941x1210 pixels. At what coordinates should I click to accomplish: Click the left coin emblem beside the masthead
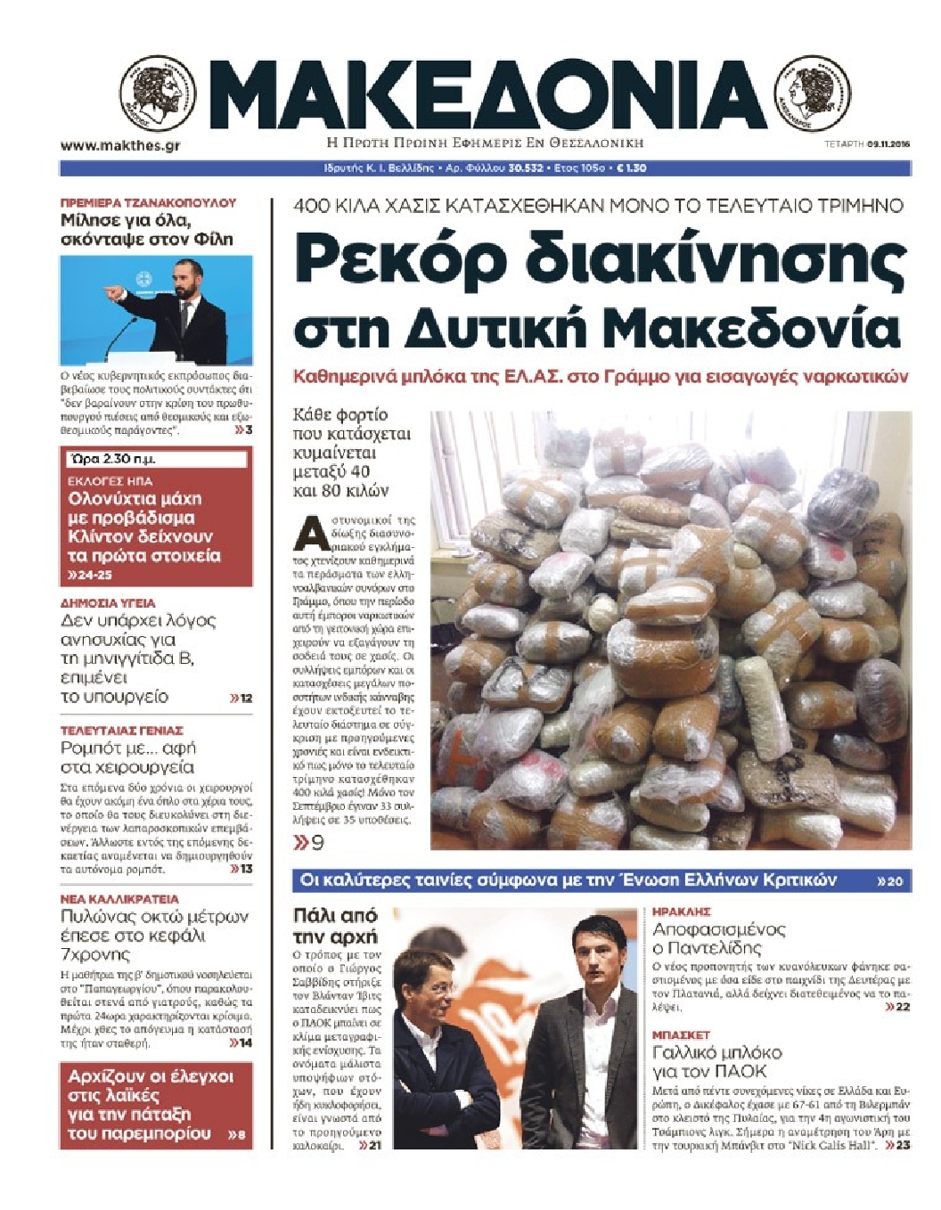tap(158, 94)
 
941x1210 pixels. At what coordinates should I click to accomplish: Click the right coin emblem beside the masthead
tap(813, 94)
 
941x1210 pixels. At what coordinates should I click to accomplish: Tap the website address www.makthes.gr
tap(120, 145)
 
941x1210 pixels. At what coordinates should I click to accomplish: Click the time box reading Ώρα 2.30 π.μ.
tap(157, 460)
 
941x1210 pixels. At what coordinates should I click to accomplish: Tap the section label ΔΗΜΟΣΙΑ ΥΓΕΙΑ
tap(108, 603)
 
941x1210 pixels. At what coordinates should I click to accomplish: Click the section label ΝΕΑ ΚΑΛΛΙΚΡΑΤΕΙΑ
tap(119, 899)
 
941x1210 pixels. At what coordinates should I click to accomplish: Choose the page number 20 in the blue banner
tap(894, 881)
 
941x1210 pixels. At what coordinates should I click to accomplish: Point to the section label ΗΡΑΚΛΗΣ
tap(682, 912)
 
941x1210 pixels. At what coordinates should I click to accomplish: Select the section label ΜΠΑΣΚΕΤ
tap(682, 1035)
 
